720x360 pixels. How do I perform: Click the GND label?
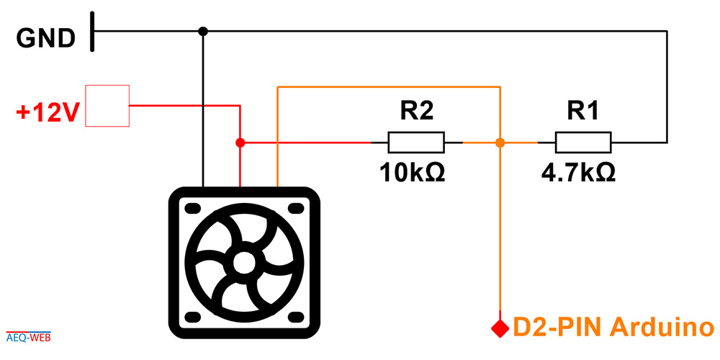pyautogui.click(x=46, y=39)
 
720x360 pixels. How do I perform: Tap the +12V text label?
pyautogui.click(x=46, y=113)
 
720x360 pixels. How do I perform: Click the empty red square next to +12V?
pyautogui.click(x=107, y=106)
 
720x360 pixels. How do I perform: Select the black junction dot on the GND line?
pyautogui.click(x=203, y=31)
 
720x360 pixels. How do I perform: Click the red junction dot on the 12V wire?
pyautogui.click(x=240, y=143)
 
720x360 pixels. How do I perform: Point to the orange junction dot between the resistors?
pyautogui.click(x=500, y=143)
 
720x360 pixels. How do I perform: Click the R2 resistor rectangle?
pyautogui.click(x=416, y=143)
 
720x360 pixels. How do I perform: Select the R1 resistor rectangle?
pyautogui.click(x=583, y=143)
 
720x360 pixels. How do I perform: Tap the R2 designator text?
pyautogui.click(x=416, y=111)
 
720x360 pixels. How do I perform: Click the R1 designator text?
pyautogui.click(x=582, y=111)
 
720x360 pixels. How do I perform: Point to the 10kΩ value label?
pyautogui.click(x=412, y=173)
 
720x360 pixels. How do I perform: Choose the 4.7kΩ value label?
pyautogui.click(x=578, y=173)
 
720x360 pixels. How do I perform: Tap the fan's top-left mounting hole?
pyautogui.click(x=193, y=209)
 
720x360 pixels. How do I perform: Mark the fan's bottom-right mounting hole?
pyautogui.click(x=296, y=316)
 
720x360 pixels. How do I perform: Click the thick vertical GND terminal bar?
pyautogui.click(x=92, y=31)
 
